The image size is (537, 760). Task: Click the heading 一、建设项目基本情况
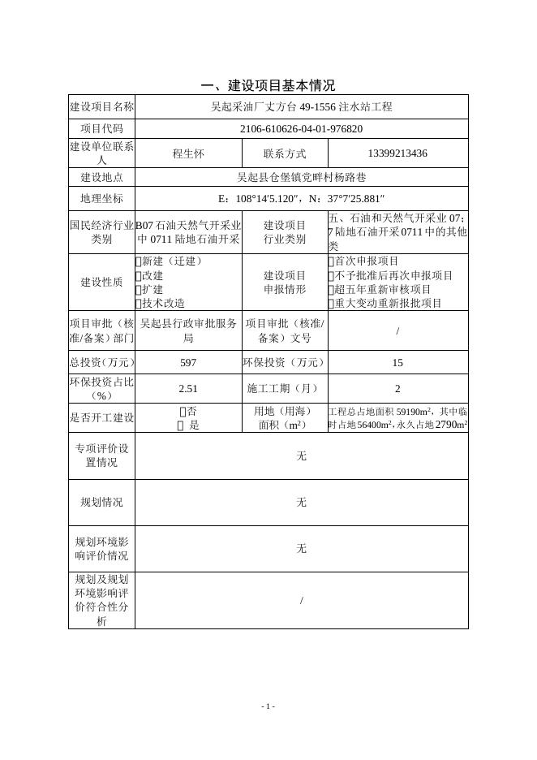pos(268,85)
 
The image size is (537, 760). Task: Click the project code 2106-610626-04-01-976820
pos(301,128)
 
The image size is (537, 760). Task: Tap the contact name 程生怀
pos(188,153)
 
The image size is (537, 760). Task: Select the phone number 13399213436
pos(397,153)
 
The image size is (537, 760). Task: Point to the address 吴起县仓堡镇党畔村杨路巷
pos(301,176)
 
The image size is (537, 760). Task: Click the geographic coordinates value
pos(301,198)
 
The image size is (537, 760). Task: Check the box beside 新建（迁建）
pos(138,261)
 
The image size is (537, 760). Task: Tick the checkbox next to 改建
pos(138,275)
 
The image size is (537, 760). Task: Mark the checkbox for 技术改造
pos(138,303)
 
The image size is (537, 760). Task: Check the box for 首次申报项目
pos(331,261)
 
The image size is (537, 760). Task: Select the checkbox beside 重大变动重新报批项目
pos(331,303)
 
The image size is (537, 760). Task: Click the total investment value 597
pos(188,362)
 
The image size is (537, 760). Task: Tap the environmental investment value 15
pos(397,362)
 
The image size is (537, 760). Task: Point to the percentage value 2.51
pos(188,388)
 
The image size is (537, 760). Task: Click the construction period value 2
pos(397,388)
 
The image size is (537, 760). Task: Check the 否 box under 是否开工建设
pos(182,412)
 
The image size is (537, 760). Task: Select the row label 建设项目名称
pos(101,106)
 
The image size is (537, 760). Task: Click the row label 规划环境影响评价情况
pos(101,548)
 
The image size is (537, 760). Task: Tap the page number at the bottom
pos(268,706)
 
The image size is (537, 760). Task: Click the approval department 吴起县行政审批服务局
pos(188,330)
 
